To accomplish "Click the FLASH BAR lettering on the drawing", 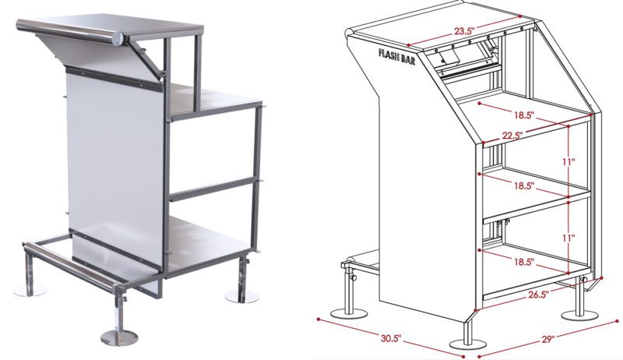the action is pos(397,58).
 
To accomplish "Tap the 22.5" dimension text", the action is pos(511,135).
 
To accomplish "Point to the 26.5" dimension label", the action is pos(537,294).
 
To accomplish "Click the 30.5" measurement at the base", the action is pos(391,338).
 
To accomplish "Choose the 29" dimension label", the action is pos(548,339).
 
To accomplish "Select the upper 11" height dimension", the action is pos(568,162).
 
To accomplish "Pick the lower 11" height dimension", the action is pos(568,238).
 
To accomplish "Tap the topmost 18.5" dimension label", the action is pos(524,115).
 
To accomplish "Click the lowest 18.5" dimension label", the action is pos(523,262).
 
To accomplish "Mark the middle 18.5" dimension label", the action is pos(523,185).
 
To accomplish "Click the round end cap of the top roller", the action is pos(118,38).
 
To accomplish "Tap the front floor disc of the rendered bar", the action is pos(119,337).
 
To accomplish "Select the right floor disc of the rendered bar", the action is pos(242,296).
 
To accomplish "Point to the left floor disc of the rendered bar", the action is pos(30,291).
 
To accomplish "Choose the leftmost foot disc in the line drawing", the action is pos(349,313).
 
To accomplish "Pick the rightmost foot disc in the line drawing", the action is pos(579,315).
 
